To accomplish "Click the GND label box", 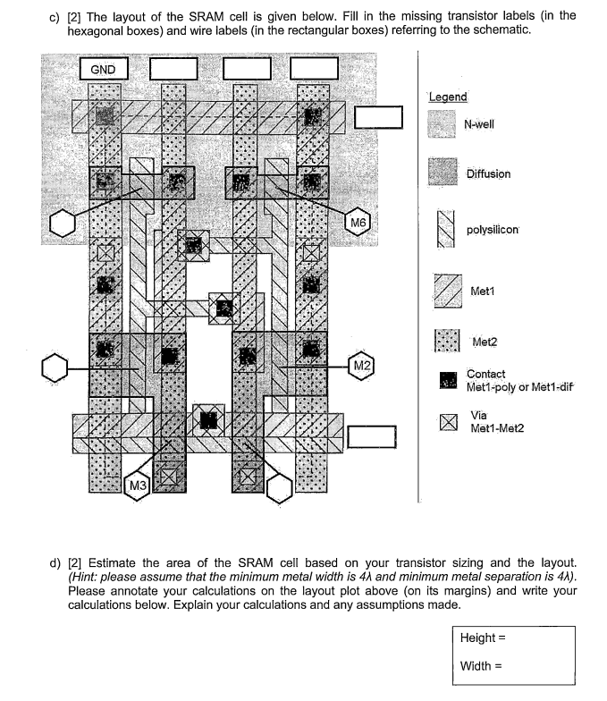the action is [x=104, y=69].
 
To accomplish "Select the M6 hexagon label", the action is [x=358, y=221].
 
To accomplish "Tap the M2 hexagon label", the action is [x=361, y=367].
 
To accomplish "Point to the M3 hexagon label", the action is [x=138, y=485].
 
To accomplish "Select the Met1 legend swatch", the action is [x=446, y=290].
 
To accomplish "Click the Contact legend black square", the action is [x=448, y=380].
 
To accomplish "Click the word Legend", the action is [x=448, y=97].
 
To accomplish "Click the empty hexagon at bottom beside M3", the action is [x=280, y=488].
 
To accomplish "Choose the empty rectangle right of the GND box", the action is [x=173, y=69].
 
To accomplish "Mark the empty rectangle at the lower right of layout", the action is [x=371, y=436].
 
